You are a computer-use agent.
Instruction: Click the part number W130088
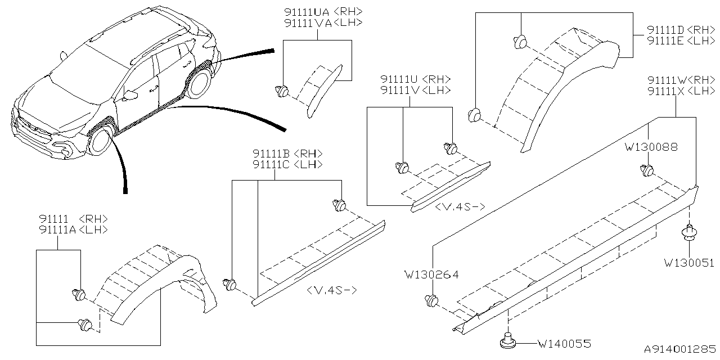click(x=651, y=147)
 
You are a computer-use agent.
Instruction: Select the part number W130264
click(x=431, y=275)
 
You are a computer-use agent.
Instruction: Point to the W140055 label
click(x=564, y=343)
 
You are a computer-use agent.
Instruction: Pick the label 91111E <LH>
click(x=681, y=41)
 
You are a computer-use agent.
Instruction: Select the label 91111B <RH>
click(x=287, y=154)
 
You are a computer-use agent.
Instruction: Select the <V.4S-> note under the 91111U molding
click(x=460, y=207)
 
